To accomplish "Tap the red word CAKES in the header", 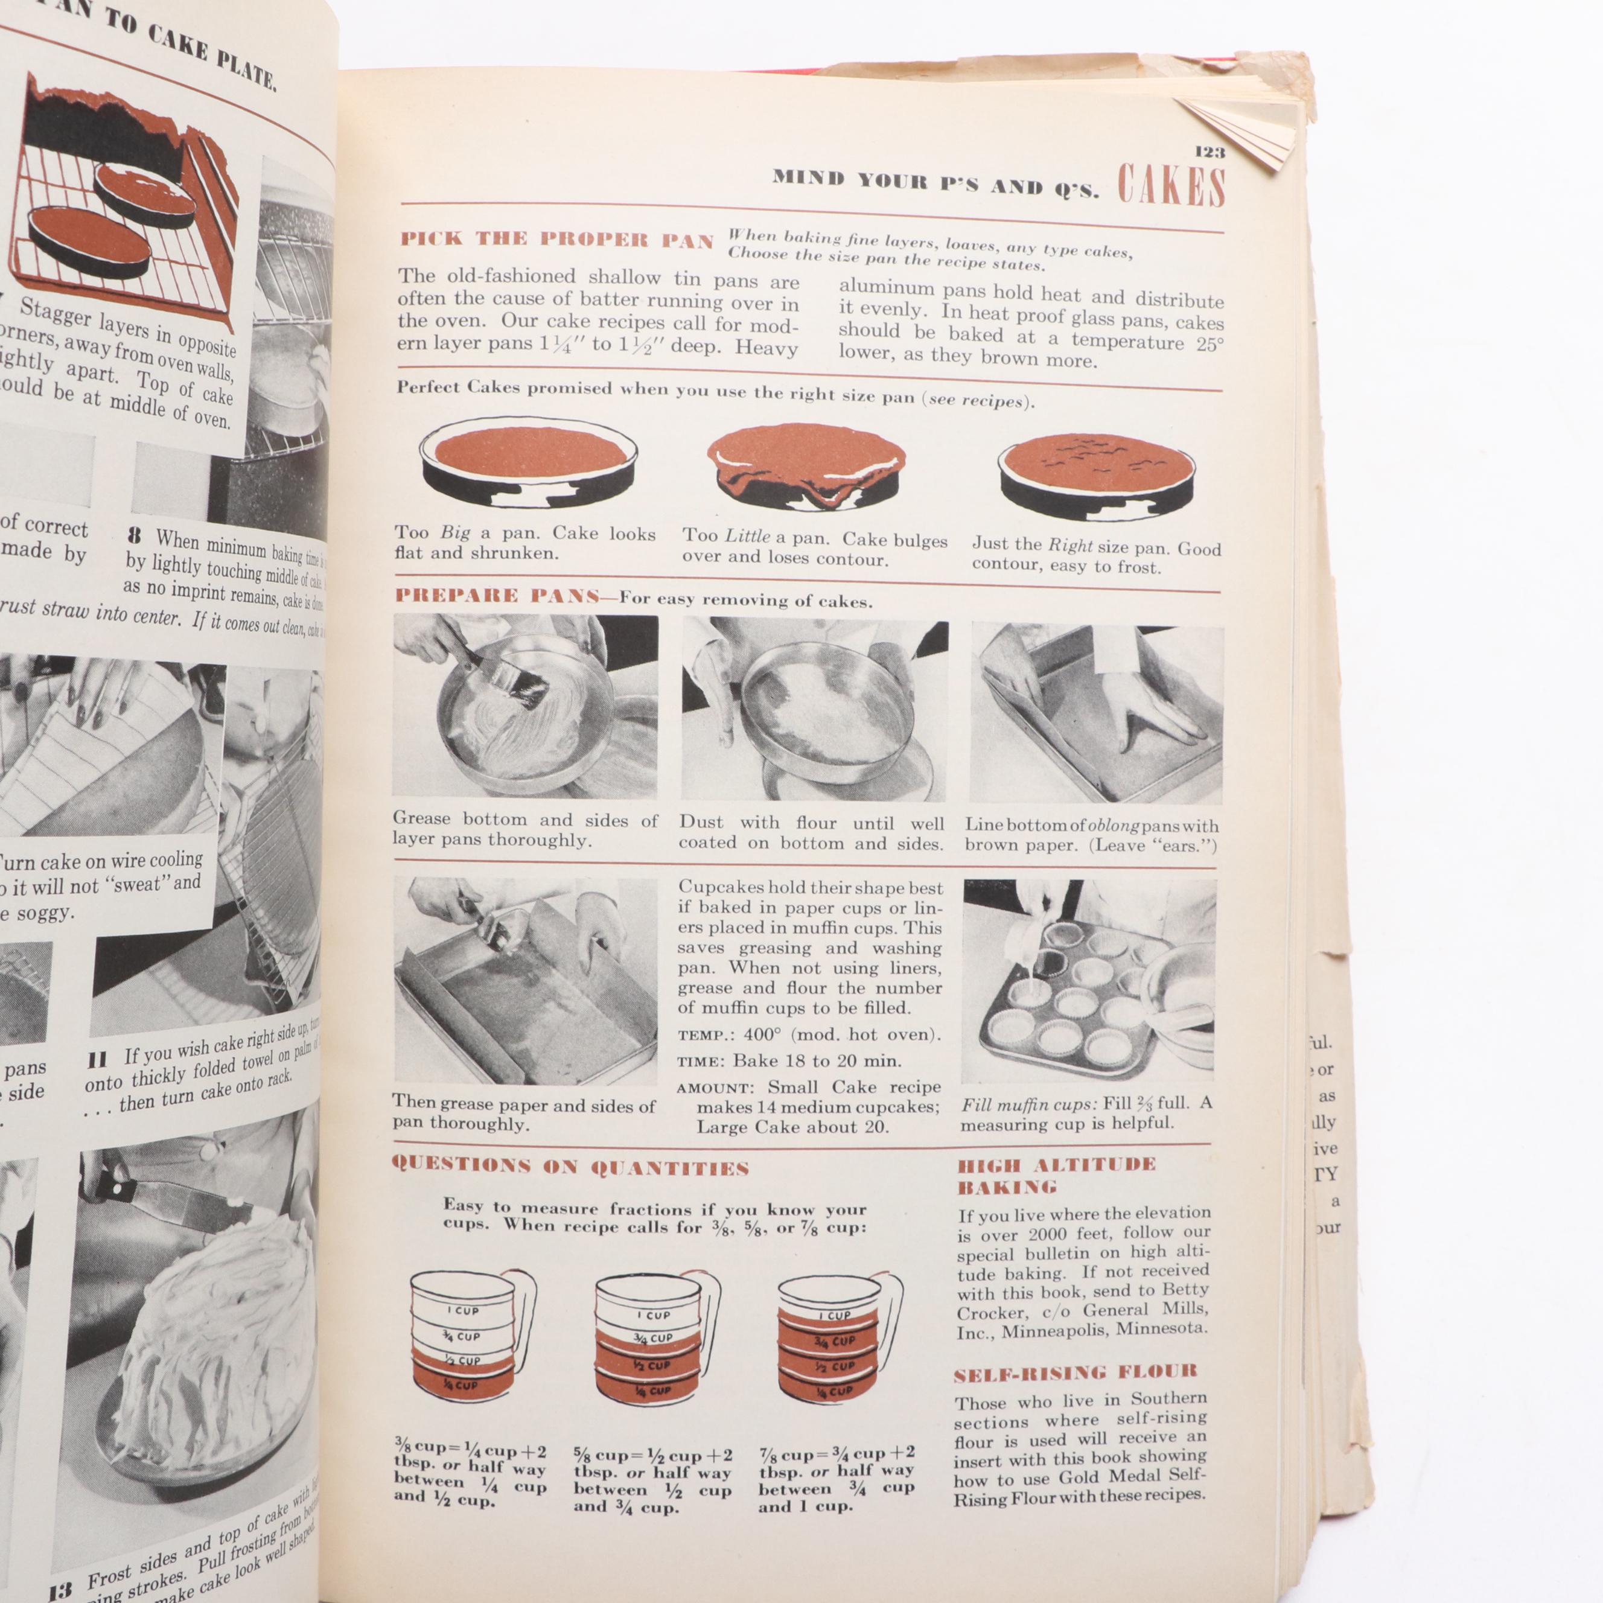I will [x=1171, y=186].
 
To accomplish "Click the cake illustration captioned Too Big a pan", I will [x=527, y=467].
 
